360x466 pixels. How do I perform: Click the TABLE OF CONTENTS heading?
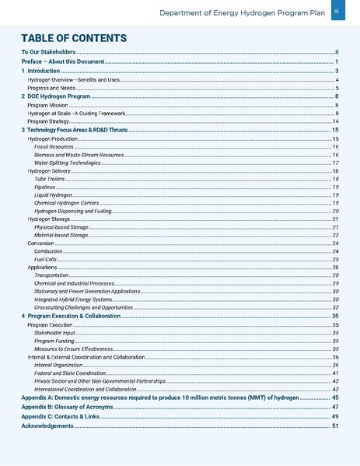point(73,38)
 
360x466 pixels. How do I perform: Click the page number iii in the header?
point(337,12)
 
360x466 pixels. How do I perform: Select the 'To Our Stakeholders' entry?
point(49,51)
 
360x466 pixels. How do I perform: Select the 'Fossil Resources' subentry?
point(54,146)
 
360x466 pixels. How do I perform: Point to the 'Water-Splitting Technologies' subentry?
point(68,163)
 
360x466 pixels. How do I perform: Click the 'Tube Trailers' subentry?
point(51,179)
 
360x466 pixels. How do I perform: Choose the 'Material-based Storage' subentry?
point(61,234)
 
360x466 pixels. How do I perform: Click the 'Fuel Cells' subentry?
point(47,259)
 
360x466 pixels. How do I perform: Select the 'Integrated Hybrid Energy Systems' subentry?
point(72,299)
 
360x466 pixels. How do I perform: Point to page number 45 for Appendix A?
point(334,397)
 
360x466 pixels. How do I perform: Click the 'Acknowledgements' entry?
point(47,426)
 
